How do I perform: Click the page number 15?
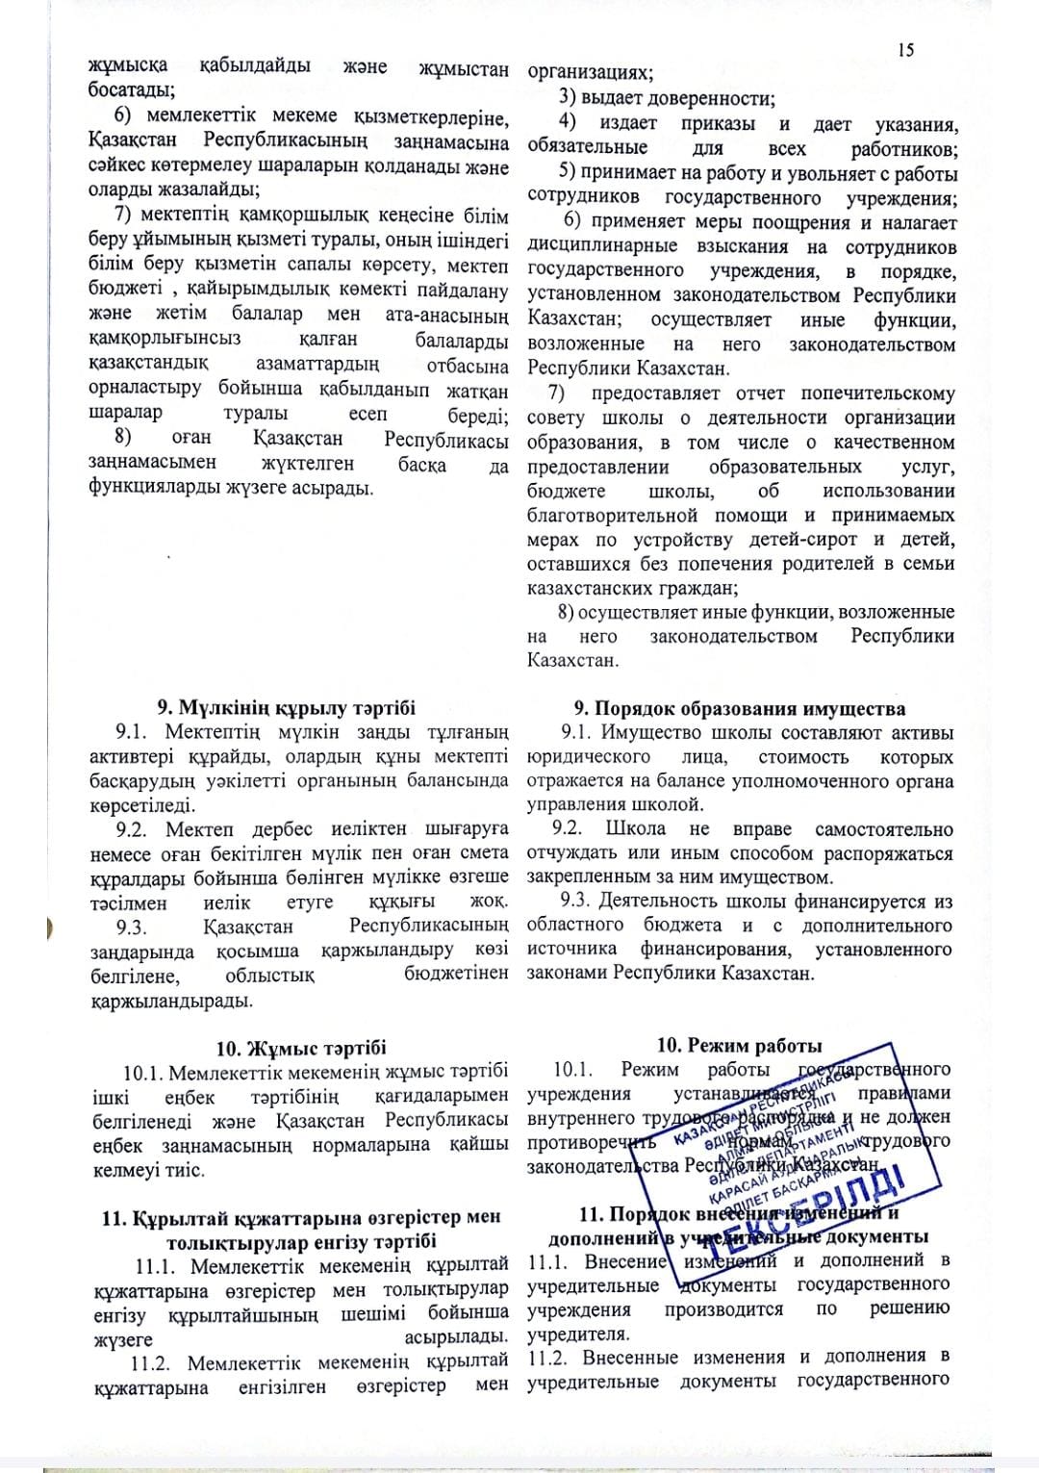click(x=905, y=50)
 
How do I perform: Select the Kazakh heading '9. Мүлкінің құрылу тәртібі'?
click(x=287, y=708)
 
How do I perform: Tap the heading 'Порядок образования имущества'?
click(x=749, y=709)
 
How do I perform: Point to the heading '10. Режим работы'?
click(x=739, y=1046)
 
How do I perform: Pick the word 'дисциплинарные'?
click(x=596, y=247)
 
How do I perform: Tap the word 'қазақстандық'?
click(x=148, y=365)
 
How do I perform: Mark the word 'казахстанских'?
click(x=591, y=587)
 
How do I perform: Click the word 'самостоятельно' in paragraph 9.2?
click(x=883, y=829)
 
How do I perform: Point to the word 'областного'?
click(x=575, y=925)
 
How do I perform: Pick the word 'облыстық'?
click(x=269, y=975)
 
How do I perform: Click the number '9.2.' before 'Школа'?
click(x=568, y=829)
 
